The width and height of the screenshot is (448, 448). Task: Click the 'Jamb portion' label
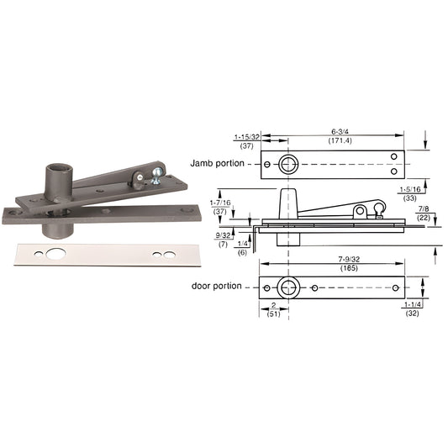217,163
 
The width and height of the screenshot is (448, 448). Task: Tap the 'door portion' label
217,286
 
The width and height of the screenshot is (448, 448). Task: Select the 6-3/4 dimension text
340,132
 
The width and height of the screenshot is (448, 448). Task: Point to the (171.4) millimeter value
340,140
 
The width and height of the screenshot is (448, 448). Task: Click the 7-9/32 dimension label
349,260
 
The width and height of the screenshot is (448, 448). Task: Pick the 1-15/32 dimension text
247,137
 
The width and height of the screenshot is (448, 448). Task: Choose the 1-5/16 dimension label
410,189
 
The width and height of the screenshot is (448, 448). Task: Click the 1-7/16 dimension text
220,203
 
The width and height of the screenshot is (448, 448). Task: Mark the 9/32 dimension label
223,235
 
